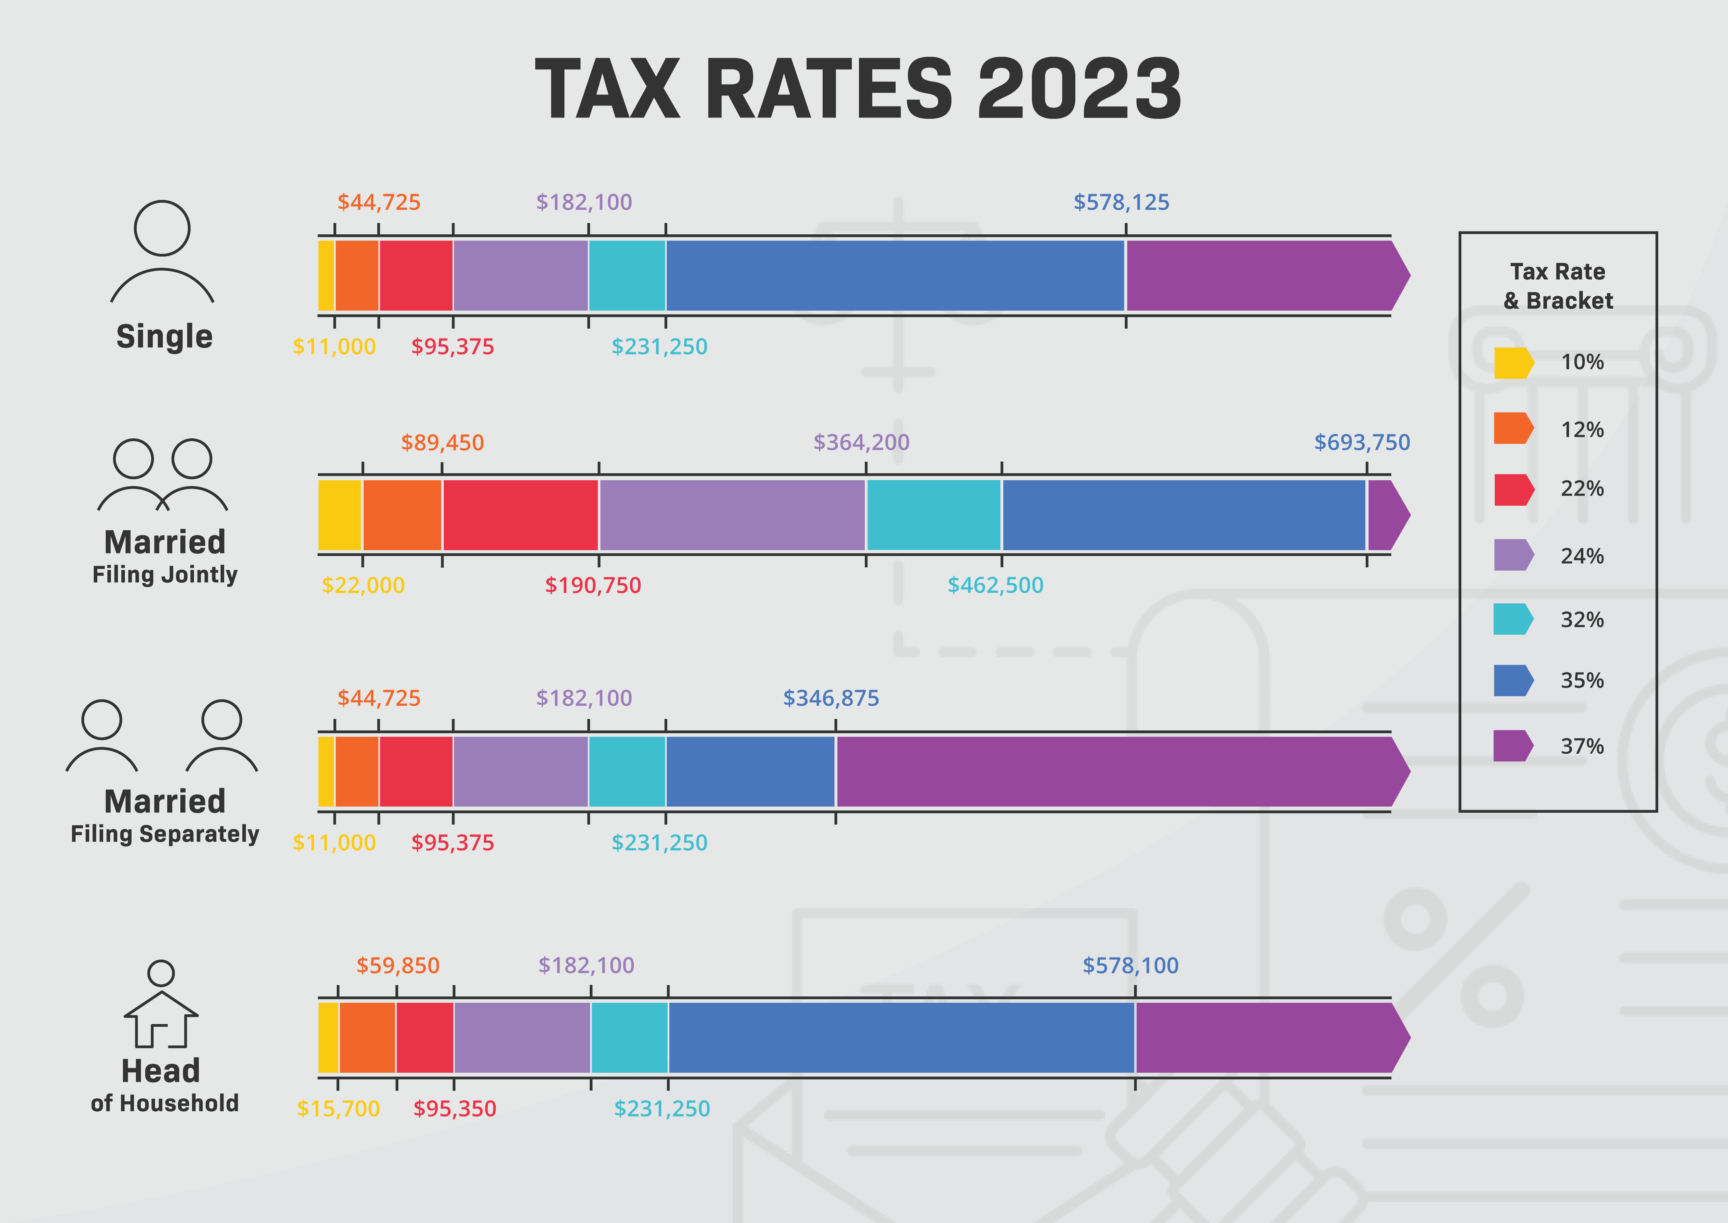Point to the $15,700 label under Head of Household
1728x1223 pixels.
(x=338, y=1108)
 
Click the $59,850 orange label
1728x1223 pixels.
(x=397, y=965)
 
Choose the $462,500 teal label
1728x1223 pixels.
(x=995, y=585)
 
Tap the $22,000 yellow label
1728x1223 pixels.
(x=363, y=585)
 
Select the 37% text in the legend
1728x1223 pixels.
(x=1582, y=746)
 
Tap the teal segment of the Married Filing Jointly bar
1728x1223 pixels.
(x=933, y=515)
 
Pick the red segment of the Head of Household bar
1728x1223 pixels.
(x=425, y=1038)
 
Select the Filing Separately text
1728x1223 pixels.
(x=165, y=834)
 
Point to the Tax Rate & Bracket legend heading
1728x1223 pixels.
(x=1558, y=286)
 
